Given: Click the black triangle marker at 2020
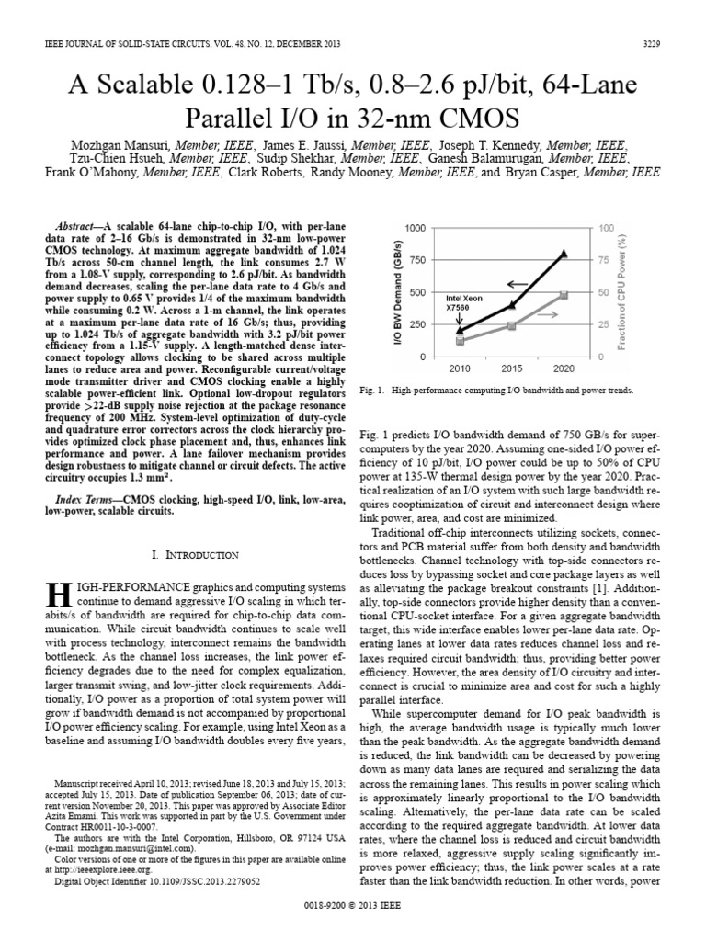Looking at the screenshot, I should point(564,254).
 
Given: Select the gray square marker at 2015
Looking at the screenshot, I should point(512,326).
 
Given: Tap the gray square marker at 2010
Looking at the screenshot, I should point(461,341).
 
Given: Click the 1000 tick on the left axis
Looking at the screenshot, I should point(415,227).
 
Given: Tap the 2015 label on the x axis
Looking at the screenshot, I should point(512,368).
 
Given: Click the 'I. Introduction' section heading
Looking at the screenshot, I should point(195,555).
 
